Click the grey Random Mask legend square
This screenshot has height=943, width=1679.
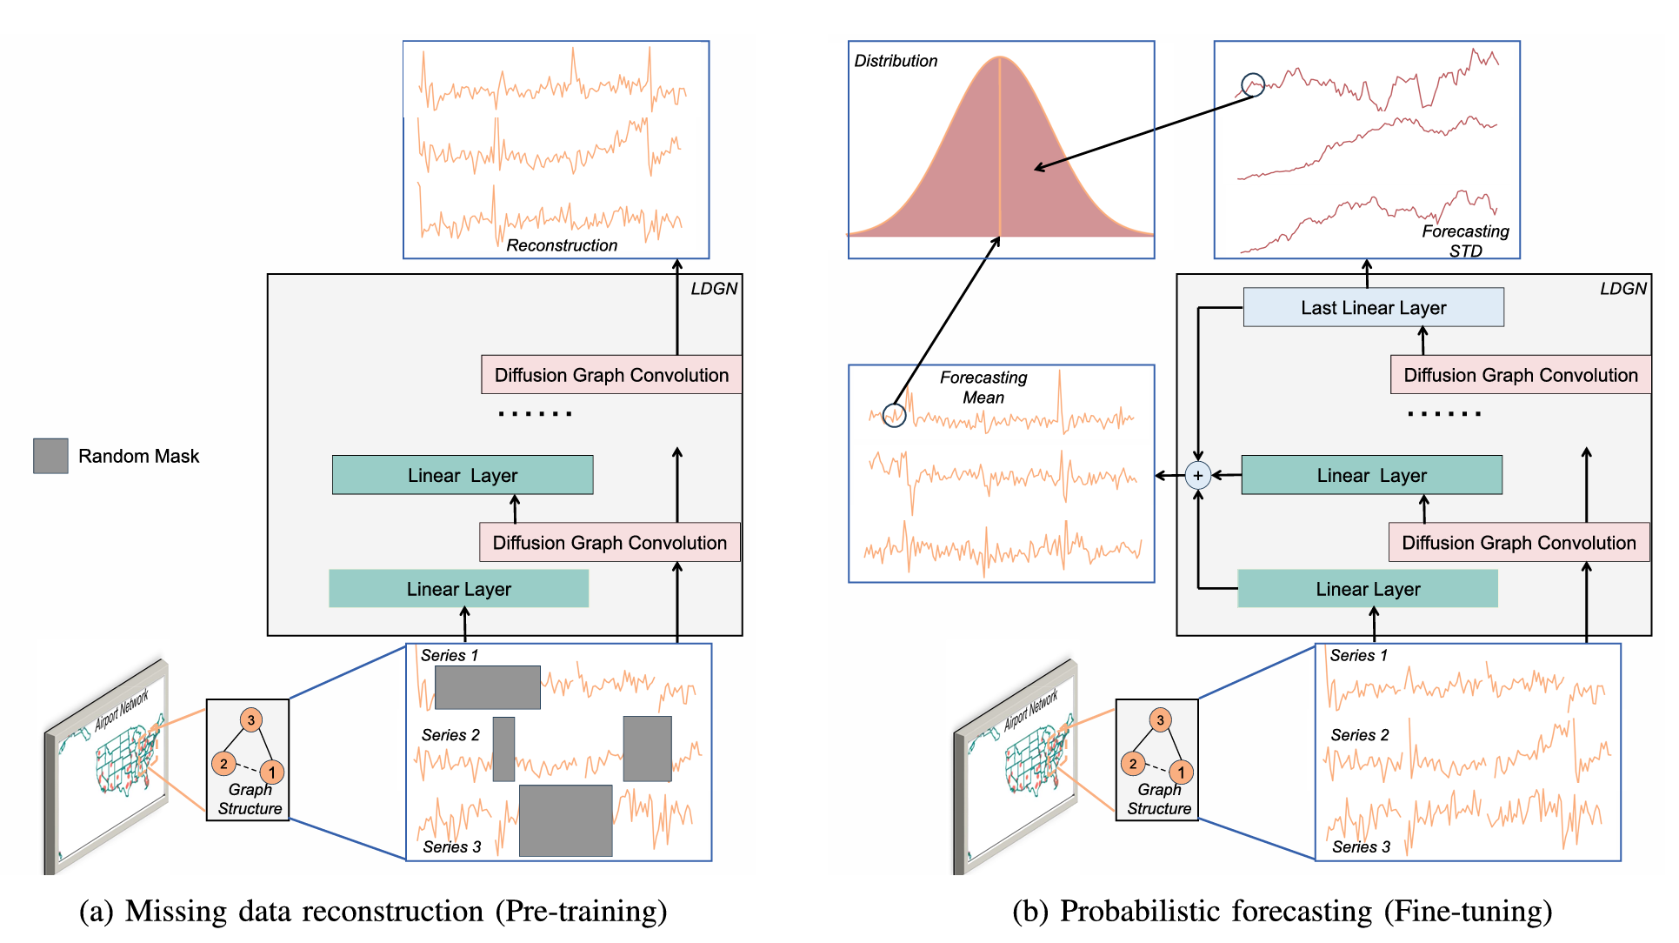pos(50,456)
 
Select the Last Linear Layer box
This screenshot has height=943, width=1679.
pos(1373,307)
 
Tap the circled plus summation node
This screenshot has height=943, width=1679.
pos(1197,475)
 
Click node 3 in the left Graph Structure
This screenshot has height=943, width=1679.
pos(250,719)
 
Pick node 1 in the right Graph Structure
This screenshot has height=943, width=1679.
pos(1180,772)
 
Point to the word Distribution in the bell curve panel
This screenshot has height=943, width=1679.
pos(896,61)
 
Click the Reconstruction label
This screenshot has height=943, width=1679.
pos(562,245)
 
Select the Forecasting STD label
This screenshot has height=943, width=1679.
pos(1465,240)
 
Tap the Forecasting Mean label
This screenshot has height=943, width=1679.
pos(983,387)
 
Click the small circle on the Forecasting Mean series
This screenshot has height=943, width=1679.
pos(894,415)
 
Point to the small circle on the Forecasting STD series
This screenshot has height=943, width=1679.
pos(1252,85)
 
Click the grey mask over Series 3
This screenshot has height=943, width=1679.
pos(565,820)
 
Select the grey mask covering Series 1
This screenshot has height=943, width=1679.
pos(487,687)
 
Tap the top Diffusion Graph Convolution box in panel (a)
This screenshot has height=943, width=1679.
pos(611,375)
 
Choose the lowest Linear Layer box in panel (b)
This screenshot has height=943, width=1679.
pos(1367,589)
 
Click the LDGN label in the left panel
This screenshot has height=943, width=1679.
pos(714,289)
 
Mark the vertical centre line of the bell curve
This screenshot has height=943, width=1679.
pos(1000,148)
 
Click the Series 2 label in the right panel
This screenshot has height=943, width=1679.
pos(1359,735)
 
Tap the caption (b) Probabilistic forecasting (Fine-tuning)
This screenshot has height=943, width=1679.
pos(1282,911)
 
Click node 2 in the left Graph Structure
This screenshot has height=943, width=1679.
pos(223,764)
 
